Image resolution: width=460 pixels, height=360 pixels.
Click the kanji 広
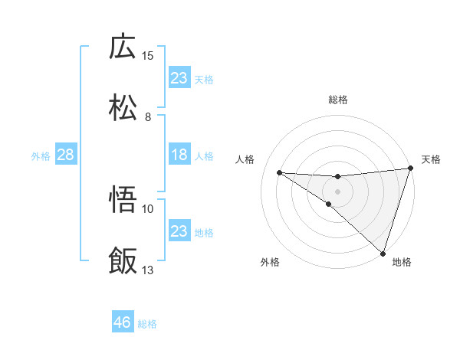coord(123,47)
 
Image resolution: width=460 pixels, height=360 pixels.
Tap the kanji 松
coord(123,108)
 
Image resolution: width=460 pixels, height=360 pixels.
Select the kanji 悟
coord(123,201)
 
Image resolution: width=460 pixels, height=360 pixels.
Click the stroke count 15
coord(148,56)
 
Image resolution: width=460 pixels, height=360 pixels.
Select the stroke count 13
coord(148,270)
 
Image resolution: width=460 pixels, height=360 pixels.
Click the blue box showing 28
coord(65,155)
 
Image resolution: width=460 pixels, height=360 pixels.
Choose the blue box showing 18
coord(179,155)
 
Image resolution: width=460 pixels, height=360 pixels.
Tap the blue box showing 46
coord(123,322)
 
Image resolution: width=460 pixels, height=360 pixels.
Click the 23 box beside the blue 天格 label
coord(179,77)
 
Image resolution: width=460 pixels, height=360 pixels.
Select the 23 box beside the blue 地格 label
coord(179,231)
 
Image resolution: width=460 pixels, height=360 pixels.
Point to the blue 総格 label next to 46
coord(148,324)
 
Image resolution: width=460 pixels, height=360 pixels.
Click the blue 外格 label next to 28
coord(41,156)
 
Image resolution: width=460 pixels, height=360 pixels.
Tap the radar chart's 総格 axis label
coord(338,100)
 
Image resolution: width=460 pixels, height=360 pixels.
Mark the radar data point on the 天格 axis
coord(410,169)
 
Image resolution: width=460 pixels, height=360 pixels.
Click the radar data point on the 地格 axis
coord(383,254)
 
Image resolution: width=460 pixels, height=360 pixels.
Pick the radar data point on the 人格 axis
coord(280,172)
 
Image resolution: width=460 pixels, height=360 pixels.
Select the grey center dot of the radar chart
coord(338,191)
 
